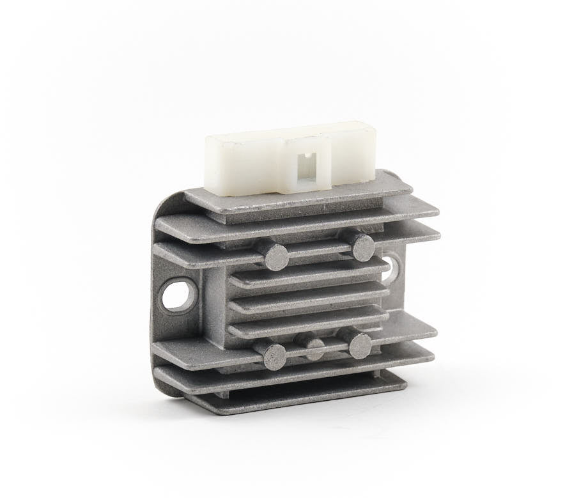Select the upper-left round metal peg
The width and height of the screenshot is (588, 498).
[276, 256]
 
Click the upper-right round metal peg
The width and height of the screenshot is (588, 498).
[362, 246]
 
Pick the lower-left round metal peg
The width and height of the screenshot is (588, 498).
[274, 355]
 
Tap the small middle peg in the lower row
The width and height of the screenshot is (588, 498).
[314, 348]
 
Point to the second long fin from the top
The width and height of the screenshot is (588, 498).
[294, 221]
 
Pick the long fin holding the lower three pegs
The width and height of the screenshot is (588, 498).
[205, 348]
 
